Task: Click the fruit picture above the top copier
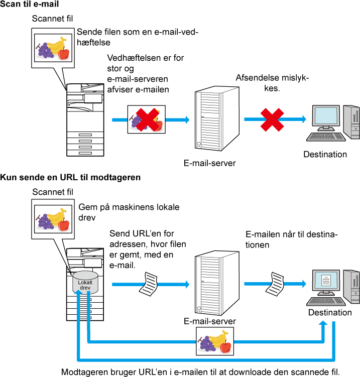(53, 48)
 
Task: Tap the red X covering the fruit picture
(147, 119)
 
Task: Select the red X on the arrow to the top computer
(272, 119)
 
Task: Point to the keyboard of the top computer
(326, 136)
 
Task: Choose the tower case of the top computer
(352, 121)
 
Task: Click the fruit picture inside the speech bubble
(53, 219)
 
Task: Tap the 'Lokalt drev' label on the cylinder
(85, 285)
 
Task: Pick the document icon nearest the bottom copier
(149, 284)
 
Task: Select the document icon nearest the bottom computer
(275, 284)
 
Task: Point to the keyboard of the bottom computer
(326, 301)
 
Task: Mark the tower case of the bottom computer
(352, 286)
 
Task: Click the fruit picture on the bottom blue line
(215, 341)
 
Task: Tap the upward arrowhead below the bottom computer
(323, 323)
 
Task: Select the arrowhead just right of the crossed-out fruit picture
(187, 119)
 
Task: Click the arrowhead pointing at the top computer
(304, 119)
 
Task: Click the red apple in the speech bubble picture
(64, 225)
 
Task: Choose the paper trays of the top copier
(85, 144)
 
